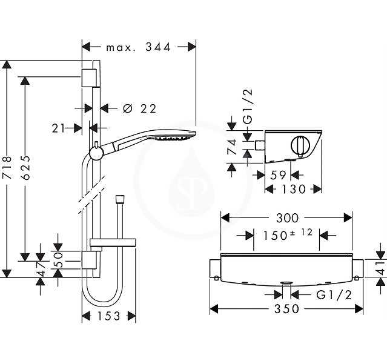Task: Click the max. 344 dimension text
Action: pos(138,47)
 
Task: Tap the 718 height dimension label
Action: pos(7,167)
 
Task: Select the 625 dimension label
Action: pos(25,167)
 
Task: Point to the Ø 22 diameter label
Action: pos(140,108)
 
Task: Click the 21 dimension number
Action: pos(59,128)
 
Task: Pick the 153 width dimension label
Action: pos(109,316)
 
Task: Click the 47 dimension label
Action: pos(40,269)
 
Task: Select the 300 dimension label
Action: pos(287,218)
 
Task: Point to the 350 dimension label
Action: pos(286,309)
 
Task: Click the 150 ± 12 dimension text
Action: pos(288,234)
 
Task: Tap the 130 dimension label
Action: pos(294,190)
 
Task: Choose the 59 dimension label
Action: pos(278,175)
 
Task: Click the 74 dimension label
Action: pos(232,147)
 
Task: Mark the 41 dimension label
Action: pos(382,268)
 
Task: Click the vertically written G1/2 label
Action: pos(248,106)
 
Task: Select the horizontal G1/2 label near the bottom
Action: pos(334,295)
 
